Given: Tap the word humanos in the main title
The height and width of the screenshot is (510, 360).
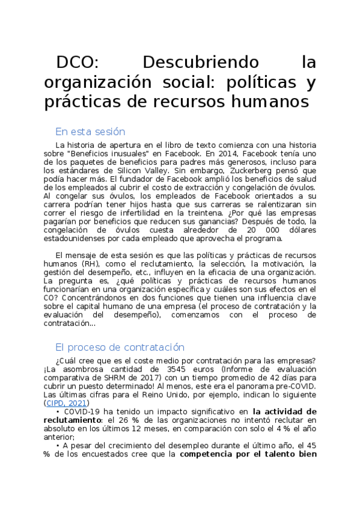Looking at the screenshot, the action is [270, 102].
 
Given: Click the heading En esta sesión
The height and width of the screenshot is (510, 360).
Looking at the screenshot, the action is [90, 132].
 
